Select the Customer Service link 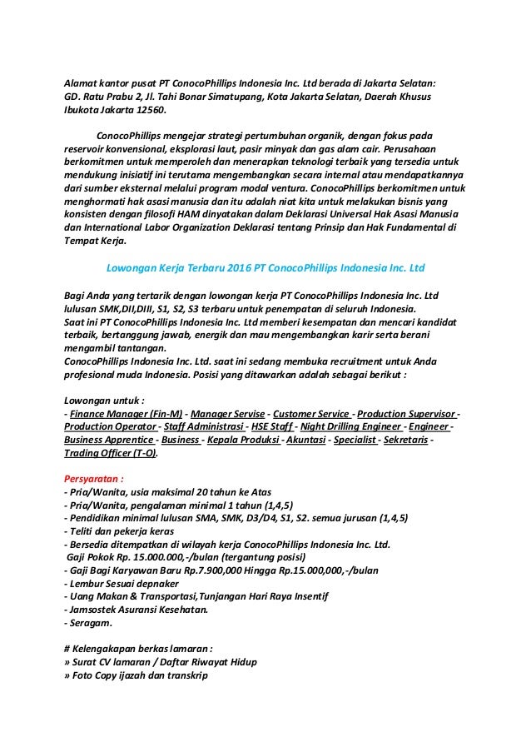[x=311, y=414]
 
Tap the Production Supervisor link [x=408, y=414]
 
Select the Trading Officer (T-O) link [x=111, y=455]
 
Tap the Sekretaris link [x=407, y=441]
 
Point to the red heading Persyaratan [x=96, y=480]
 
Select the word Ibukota [x=85, y=109]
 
